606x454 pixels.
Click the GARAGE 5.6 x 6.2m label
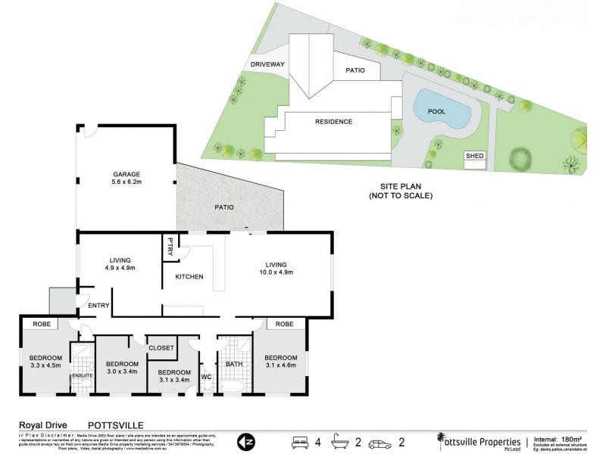coord(127,178)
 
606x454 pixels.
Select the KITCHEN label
coord(189,277)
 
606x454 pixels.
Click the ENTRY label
coord(99,306)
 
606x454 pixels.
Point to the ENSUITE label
coord(80,375)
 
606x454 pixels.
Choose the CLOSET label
coord(162,348)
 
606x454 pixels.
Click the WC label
coord(205,376)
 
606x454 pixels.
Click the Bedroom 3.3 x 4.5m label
coord(45,361)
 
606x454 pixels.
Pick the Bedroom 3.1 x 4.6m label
coord(280,361)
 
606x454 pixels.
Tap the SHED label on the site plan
coord(474,155)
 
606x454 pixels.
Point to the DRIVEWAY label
coord(267,65)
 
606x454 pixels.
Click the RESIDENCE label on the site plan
coord(334,121)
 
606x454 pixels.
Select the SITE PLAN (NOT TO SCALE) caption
coord(400,191)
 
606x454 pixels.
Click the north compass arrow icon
coord(245,440)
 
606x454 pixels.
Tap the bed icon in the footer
coord(301,440)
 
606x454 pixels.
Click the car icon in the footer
coord(378,440)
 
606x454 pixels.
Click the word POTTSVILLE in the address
coord(115,425)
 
